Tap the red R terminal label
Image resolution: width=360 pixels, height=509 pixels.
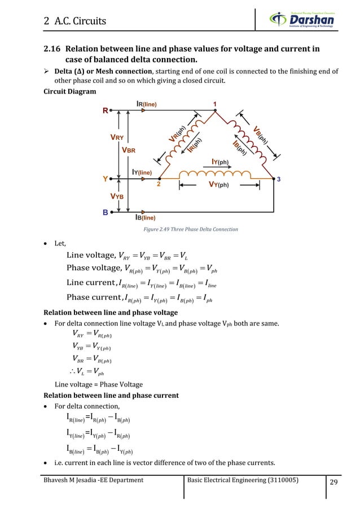(106, 111)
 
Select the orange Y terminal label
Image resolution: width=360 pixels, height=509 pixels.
(105, 179)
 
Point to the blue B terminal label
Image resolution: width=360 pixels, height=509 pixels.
(105, 213)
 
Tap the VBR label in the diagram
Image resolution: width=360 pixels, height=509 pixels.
(132, 151)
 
